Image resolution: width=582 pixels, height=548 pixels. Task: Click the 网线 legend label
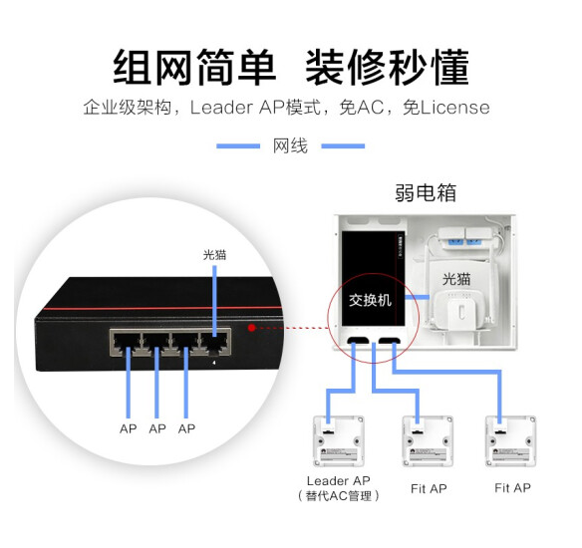290,145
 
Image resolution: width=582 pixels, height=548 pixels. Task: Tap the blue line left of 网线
238,146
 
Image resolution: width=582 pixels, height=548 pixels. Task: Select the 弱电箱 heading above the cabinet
426,192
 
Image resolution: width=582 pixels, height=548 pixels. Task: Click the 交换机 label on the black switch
370,300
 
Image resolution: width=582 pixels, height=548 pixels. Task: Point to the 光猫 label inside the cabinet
456,279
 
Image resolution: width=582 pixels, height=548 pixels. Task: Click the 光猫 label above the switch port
214,255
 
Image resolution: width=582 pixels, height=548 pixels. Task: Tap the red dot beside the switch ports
252,328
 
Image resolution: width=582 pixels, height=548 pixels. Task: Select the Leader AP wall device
338,441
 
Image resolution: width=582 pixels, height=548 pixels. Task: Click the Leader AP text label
339,481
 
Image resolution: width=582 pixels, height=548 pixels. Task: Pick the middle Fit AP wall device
428,441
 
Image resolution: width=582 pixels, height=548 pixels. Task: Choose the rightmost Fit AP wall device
511,441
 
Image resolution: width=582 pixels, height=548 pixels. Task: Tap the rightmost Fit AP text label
512,488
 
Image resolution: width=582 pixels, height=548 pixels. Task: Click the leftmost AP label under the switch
128,428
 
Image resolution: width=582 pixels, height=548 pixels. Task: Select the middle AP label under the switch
157,428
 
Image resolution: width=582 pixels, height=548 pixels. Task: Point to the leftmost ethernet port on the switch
127,343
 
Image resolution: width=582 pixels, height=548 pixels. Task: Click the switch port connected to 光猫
214,343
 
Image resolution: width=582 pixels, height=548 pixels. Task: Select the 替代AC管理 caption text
339,496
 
